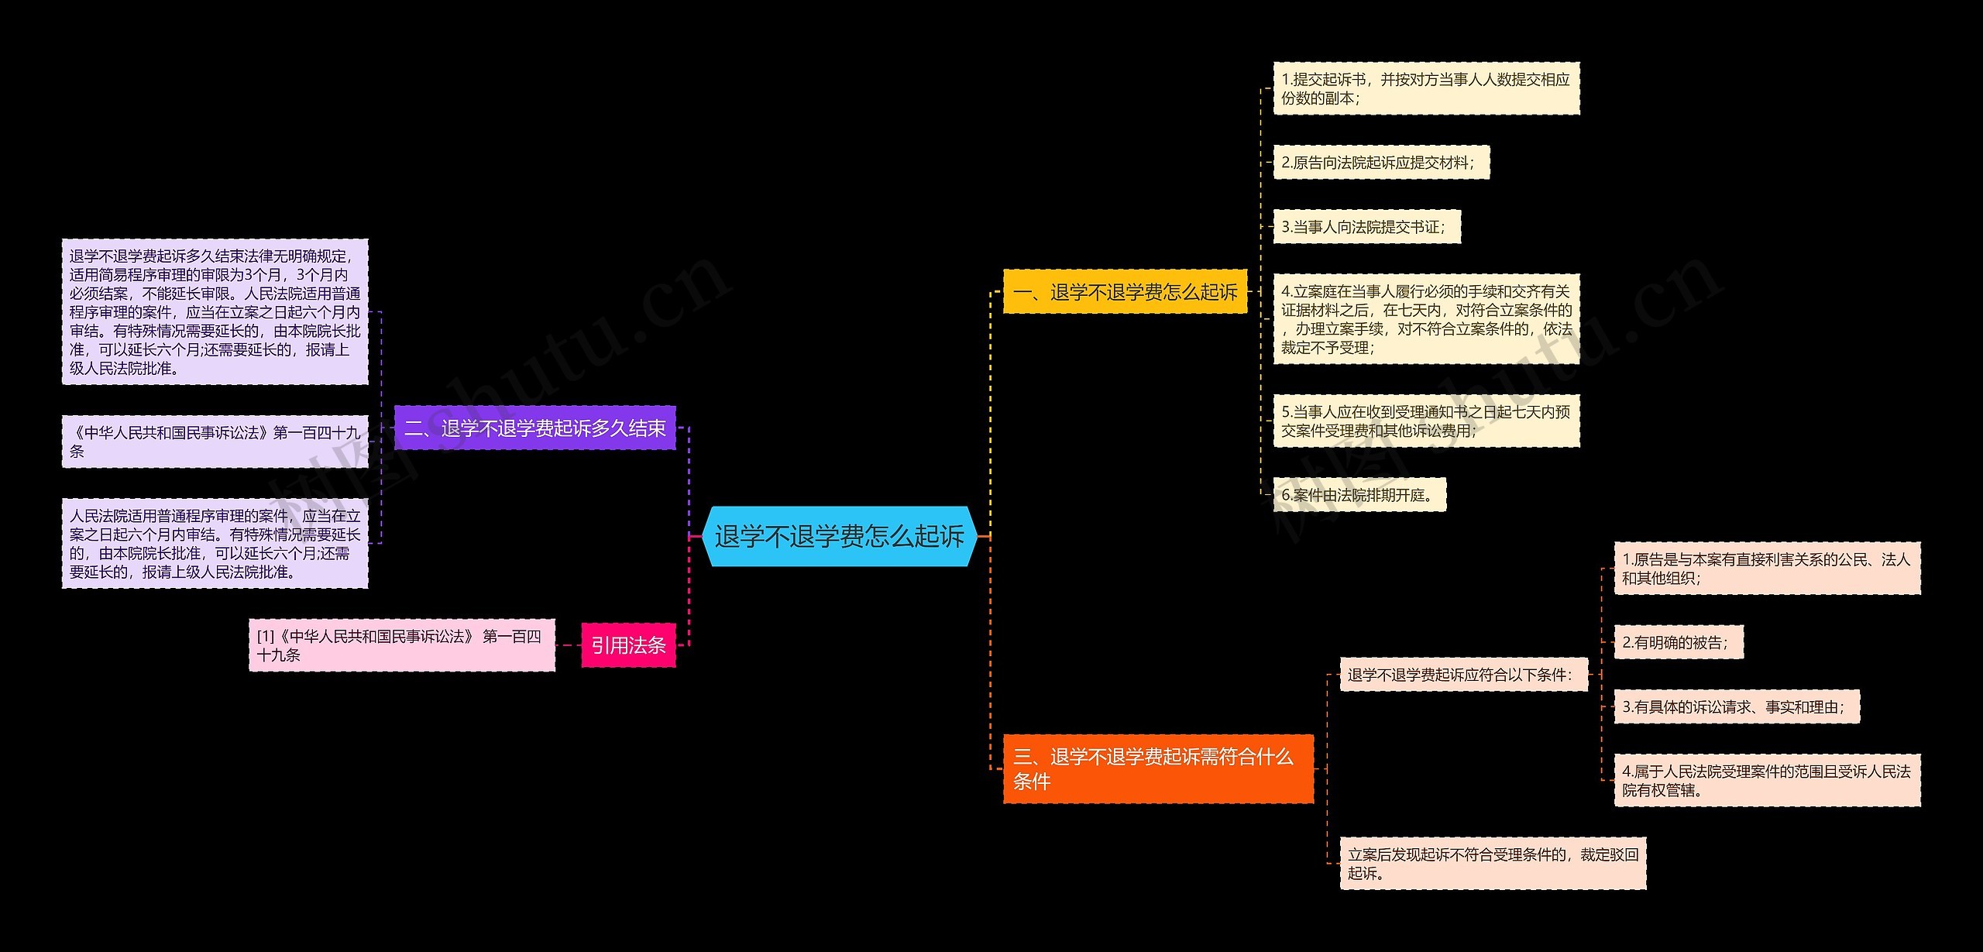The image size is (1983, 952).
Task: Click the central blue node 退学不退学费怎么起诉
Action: [839, 536]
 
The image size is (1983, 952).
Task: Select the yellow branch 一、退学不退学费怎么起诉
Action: [1125, 292]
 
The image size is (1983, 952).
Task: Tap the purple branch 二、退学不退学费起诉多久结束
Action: [534, 428]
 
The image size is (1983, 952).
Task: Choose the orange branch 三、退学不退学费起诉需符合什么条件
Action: [1158, 768]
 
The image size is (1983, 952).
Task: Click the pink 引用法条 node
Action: [628, 644]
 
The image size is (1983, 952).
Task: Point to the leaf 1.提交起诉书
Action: [1425, 88]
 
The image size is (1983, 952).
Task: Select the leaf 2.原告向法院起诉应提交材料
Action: [1380, 163]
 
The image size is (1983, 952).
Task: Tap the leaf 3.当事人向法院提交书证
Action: [1366, 227]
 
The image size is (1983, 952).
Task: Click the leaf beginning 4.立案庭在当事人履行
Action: [1425, 319]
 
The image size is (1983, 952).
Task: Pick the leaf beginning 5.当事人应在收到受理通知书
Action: [1425, 421]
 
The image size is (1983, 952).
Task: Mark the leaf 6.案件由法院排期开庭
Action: [1359, 495]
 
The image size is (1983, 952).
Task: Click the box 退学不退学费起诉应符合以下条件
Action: [1463, 675]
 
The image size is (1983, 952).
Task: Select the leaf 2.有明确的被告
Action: [1678, 642]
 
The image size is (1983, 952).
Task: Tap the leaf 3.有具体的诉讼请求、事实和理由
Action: [1736, 706]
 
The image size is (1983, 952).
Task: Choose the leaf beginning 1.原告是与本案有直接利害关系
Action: [1767, 569]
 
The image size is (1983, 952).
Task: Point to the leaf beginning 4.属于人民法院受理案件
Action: [1767, 780]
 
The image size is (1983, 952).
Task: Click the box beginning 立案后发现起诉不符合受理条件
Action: [1493, 863]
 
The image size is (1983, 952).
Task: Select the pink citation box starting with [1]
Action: [401, 645]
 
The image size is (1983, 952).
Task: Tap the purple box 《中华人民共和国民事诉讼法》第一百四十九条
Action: [215, 442]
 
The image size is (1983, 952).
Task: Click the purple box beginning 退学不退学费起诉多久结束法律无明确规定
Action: [215, 311]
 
